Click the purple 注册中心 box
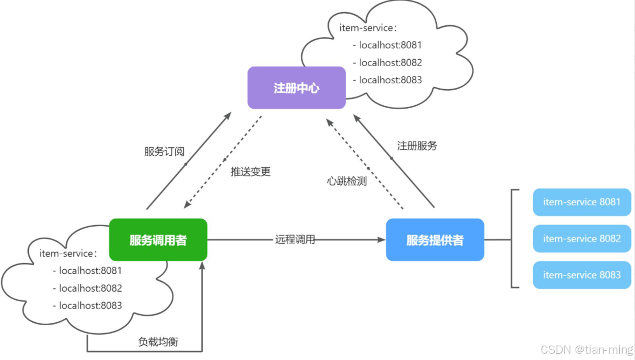pyautogui.click(x=296, y=88)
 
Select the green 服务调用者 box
pyautogui.click(x=158, y=240)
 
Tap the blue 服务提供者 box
pyautogui.click(x=435, y=240)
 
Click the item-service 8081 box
pyautogui.click(x=582, y=202)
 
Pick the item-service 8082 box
pyautogui.click(x=582, y=239)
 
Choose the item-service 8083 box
pyautogui.click(x=582, y=275)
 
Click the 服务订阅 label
pyautogui.click(x=164, y=151)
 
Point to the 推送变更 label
pyautogui.click(x=251, y=172)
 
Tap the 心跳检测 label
pyautogui.click(x=347, y=181)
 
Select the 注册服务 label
pyautogui.click(x=417, y=145)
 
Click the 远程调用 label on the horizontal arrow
pyautogui.click(x=295, y=240)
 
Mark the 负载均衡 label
pyautogui.click(x=158, y=342)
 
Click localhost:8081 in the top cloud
pyautogui.click(x=390, y=45)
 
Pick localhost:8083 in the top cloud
pyautogui.click(x=390, y=80)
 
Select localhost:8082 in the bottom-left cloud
pyautogui.click(x=90, y=288)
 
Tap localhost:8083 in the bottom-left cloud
pyautogui.click(x=90, y=306)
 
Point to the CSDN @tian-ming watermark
pyautogui.click(x=586, y=349)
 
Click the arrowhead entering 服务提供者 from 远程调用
pyautogui.click(x=382, y=240)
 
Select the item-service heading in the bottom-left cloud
pyautogui.click(x=68, y=254)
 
